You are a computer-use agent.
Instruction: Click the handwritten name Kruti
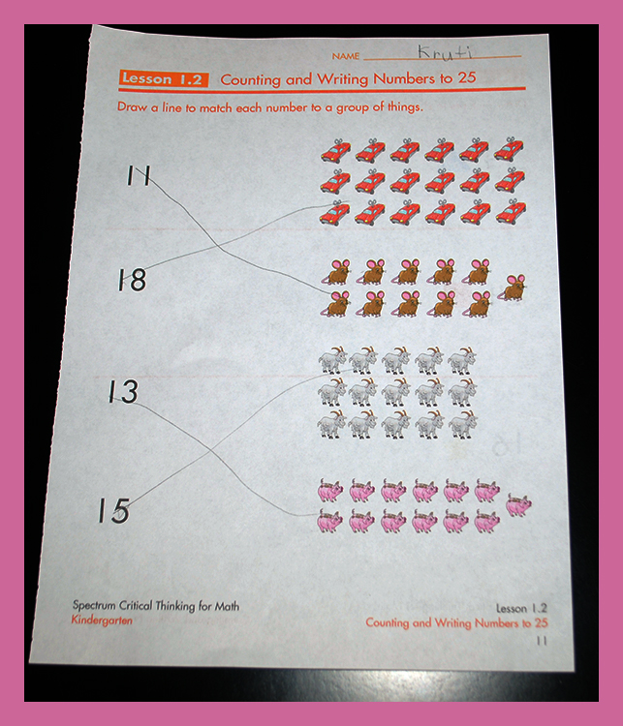(446, 52)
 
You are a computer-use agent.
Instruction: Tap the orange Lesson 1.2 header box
(164, 79)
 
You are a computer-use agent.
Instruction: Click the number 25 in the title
(467, 77)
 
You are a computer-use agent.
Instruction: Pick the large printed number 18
(132, 280)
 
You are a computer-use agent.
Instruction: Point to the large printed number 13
(124, 391)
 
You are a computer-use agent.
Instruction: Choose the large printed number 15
(113, 511)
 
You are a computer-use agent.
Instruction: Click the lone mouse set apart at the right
(513, 287)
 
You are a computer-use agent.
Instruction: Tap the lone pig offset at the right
(518, 505)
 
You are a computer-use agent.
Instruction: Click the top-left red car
(335, 151)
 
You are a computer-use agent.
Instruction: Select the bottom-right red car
(511, 214)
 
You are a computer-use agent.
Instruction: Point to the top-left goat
(333, 360)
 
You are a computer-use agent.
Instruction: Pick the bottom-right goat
(462, 424)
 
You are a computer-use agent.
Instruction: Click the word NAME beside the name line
(346, 56)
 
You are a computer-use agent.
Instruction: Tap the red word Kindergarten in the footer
(102, 620)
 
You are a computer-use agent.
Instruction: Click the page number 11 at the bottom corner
(542, 641)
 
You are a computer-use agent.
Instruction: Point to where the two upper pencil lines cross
(218, 246)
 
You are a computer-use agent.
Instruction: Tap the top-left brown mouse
(337, 272)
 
